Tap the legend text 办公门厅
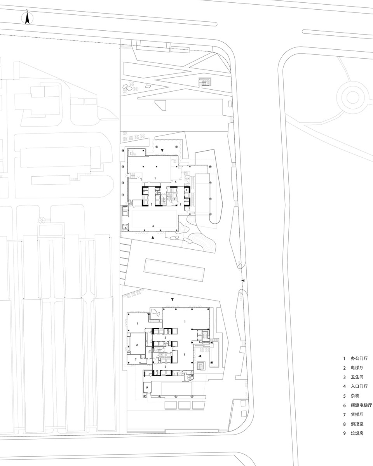point(359,358)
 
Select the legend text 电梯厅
point(357,368)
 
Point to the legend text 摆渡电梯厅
point(361,405)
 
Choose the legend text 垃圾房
point(357,433)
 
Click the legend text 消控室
point(357,424)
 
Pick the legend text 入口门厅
point(359,386)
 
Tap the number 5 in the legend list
point(344,396)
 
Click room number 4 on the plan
point(153,226)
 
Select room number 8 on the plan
point(137,345)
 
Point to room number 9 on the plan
point(147,388)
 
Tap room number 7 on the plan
point(136,359)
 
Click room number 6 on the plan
point(125,228)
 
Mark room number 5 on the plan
point(176,182)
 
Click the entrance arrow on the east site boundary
point(243,280)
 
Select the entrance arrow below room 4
point(153,237)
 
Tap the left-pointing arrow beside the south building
point(200,356)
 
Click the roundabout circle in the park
point(353,97)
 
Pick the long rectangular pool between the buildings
point(174,270)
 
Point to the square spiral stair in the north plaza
point(204,82)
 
